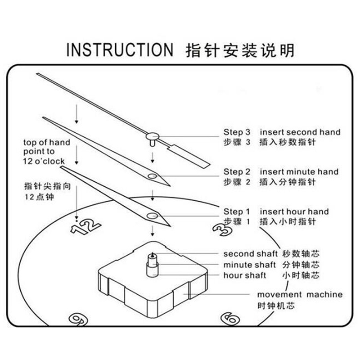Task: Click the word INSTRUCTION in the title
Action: coord(119,49)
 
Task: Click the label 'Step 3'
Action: coord(237,132)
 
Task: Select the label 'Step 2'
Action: coord(237,172)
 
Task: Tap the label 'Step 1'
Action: coord(237,211)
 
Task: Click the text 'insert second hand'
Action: coord(300,132)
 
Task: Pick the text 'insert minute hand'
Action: coord(299,172)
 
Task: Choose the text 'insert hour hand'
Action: coord(294,211)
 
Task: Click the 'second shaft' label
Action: coord(251,254)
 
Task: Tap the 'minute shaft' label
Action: coord(250,265)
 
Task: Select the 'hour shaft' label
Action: coord(245,275)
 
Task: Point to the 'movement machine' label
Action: coord(300,295)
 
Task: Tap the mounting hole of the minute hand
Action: coord(152,176)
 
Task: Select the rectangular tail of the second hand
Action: coord(191,155)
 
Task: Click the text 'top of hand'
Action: coord(47,143)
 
